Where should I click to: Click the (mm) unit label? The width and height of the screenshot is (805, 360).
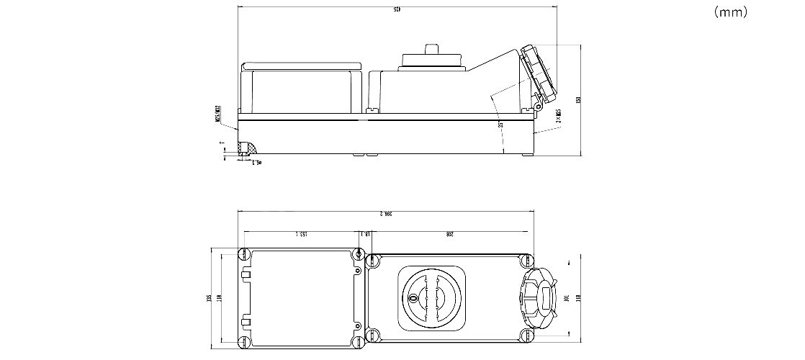point(731,12)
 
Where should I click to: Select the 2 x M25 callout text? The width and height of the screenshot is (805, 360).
point(559,117)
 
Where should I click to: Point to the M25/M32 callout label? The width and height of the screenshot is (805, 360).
point(217,114)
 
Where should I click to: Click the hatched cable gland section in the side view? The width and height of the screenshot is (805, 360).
point(248,149)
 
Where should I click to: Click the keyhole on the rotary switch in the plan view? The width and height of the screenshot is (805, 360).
point(414,297)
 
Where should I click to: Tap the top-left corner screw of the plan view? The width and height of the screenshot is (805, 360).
point(244,253)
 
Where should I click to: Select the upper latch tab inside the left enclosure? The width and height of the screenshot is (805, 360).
point(246,274)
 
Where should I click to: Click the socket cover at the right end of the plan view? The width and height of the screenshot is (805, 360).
point(537,297)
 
